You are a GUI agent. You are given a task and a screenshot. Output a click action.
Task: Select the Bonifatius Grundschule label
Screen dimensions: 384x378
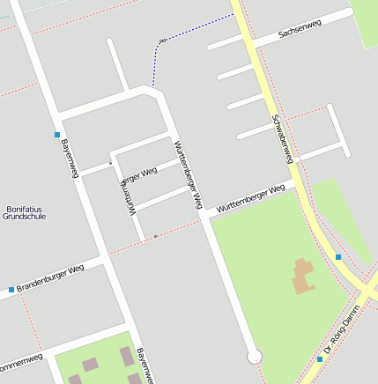[x=24, y=212]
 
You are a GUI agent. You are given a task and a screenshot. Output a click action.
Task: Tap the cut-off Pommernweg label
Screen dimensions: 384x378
[x=19, y=363]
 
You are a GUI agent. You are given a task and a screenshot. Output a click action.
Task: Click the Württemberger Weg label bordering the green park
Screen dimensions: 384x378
[x=251, y=198]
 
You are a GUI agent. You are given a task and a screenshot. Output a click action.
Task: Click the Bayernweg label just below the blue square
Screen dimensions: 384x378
[x=69, y=159]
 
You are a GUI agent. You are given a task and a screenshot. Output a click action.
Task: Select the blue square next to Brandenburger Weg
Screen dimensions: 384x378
[x=11, y=289]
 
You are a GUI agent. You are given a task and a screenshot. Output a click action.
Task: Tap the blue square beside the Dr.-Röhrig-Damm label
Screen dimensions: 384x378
[x=320, y=358]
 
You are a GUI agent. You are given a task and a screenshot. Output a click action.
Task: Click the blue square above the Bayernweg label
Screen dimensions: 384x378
[x=56, y=135]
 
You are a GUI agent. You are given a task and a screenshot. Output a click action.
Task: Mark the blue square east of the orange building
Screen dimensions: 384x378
[x=337, y=257]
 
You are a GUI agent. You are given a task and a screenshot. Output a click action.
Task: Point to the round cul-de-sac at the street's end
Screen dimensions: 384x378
[x=255, y=356]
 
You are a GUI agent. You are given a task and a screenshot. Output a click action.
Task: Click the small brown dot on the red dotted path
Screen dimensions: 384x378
[x=156, y=236]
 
